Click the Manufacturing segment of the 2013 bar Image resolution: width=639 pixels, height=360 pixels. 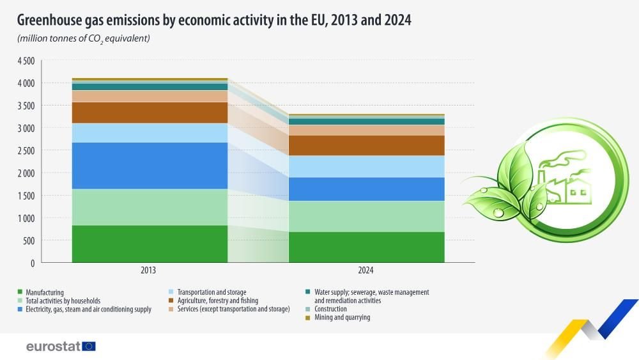[150, 244]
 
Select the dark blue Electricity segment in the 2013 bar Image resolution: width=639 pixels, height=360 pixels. [150, 165]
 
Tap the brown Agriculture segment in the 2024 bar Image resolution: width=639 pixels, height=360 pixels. [366, 145]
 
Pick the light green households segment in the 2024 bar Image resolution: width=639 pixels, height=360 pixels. [366, 216]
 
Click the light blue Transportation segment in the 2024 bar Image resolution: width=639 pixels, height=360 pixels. [366, 166]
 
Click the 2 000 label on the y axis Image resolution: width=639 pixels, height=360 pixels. [26, 173]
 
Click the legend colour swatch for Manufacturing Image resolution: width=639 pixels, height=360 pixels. [20, 292]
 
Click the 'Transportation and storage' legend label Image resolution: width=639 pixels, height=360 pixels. [212, 292]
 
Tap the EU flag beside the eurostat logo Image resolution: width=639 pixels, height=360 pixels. [89, 346]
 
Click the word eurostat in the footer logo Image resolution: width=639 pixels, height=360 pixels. [53, 346]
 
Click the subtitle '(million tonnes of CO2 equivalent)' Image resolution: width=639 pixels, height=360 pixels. [84, 39]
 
